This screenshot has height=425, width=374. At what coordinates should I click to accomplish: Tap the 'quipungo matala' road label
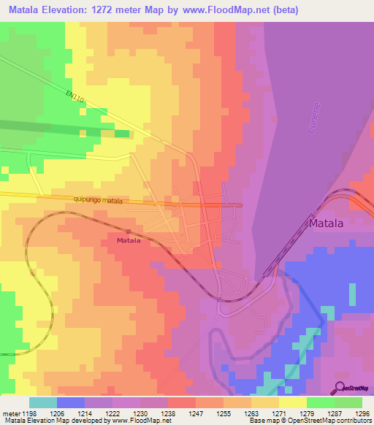tap(98, 200)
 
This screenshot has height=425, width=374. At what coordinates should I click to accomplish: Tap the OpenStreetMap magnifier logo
tap(340, 388)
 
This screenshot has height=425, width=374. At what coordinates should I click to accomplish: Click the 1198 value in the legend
tap(28, 412)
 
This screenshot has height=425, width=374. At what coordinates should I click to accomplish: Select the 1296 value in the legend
tap(362, 412)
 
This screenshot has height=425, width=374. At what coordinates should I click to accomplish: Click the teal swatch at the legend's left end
tap(42, 402)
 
